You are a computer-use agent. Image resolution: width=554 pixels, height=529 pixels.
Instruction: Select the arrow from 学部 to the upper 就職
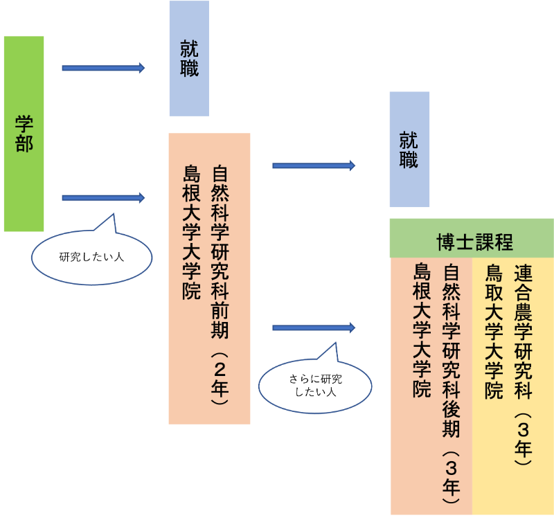click(103, 68)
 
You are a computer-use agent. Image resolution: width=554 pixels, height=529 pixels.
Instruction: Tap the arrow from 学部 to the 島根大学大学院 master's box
click(103, 198)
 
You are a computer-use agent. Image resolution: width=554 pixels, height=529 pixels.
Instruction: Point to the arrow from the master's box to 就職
click(313, 165)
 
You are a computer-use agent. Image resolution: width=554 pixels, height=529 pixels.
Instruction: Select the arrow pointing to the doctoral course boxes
click(313, 327)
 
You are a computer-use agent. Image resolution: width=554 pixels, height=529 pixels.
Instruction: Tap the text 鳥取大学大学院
click(494, 331)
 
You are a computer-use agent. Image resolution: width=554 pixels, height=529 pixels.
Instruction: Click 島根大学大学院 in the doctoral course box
click(422, 330)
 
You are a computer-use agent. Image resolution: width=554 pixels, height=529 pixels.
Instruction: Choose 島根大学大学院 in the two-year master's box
click(191, 232)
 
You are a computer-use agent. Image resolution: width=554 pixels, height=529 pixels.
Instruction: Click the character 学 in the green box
click(24, 124)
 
